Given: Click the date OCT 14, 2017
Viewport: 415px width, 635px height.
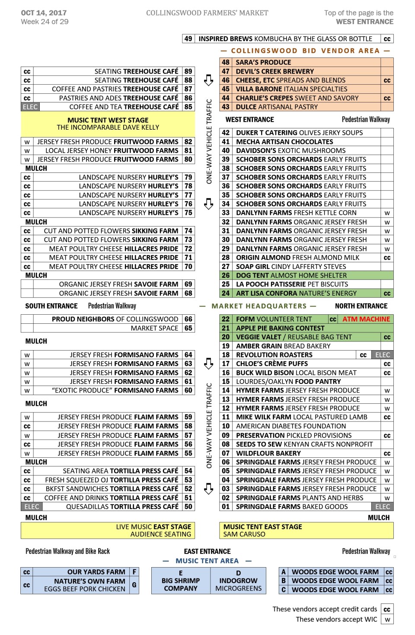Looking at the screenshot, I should [x=44, y=13].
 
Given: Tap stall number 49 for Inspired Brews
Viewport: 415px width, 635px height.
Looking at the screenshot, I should [x=188, y=39].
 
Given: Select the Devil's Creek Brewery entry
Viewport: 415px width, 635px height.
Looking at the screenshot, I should [x=275, y=71].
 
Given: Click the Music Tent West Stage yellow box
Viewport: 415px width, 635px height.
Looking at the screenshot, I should [x=108, y=124].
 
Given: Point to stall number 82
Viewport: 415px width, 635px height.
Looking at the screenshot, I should [x=188, y=142].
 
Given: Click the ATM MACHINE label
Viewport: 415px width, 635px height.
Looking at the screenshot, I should [x=366, y=319].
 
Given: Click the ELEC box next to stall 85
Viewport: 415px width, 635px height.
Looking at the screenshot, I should [x=30, y=107].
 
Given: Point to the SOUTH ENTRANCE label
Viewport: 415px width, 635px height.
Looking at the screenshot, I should [x=51, y=306].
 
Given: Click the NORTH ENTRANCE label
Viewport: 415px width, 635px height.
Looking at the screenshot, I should [x=361, y=306].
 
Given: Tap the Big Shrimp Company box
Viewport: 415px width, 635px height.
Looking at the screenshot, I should [x=181, y=581].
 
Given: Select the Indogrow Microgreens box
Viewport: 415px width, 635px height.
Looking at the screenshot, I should [x=238, y=581].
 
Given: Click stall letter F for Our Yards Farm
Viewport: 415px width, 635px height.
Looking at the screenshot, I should [x=134, y=572].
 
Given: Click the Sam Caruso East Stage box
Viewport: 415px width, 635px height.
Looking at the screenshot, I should [x=306, y=530].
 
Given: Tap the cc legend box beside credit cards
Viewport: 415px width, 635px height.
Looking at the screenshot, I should [x=387, y=609].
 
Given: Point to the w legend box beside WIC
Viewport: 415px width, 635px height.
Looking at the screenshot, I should [x=387, y=619].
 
